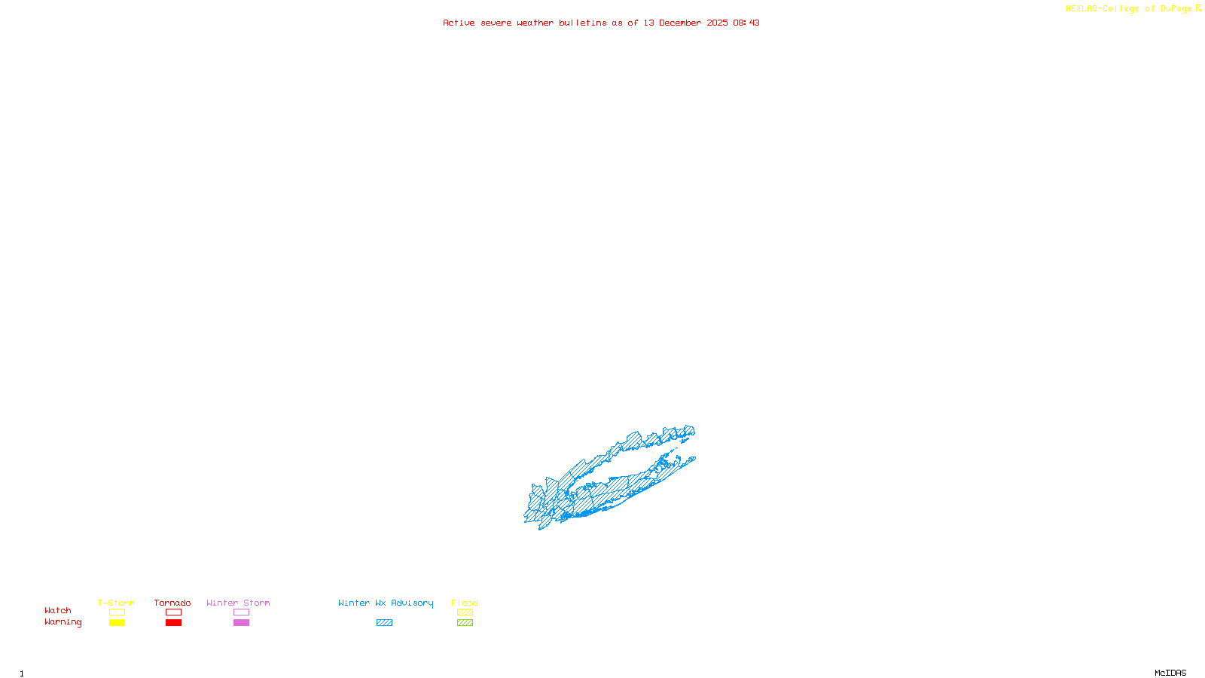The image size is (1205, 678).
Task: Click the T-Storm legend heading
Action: pyautogui.click(x=116, y=603)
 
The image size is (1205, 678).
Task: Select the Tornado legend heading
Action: pyautogui.click(x=172, y=603)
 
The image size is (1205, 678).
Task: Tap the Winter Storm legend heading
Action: pyautogui.click(x=238, y=603)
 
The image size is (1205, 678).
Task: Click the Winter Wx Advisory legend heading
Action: pyautogui.click(x=386, y=603)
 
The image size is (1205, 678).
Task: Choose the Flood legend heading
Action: pyautogui.click(x=465, y=603)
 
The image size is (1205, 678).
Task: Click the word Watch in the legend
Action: pyautogui.click(x=58, y=610)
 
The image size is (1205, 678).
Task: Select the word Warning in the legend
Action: pyautogui.click(x=63, y=622)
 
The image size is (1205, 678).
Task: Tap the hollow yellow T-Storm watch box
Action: pyautogui.click(x=117, y=612)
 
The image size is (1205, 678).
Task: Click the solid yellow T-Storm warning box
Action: pyautogui.click(x=117, y=623)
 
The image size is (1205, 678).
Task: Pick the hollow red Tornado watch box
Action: pyautogui.click(x=173, y=612)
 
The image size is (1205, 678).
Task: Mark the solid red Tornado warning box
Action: pyautogui.click(x=173, y=623)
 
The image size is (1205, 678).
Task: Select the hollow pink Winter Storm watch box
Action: pyautogui.click(x=241, y=612)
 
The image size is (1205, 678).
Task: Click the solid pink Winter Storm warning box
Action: pyautogui.click(x=241, y=623)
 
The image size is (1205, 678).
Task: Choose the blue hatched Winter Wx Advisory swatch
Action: pyautogui.click(x=384, y=623)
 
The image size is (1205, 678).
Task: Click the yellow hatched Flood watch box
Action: pyautogui.click(x=465, y=612)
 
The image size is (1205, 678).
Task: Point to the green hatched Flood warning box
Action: pyautogui.click(x=465, y=623)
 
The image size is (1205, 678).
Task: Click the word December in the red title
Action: pyautogui.click(x=680, y=23)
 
